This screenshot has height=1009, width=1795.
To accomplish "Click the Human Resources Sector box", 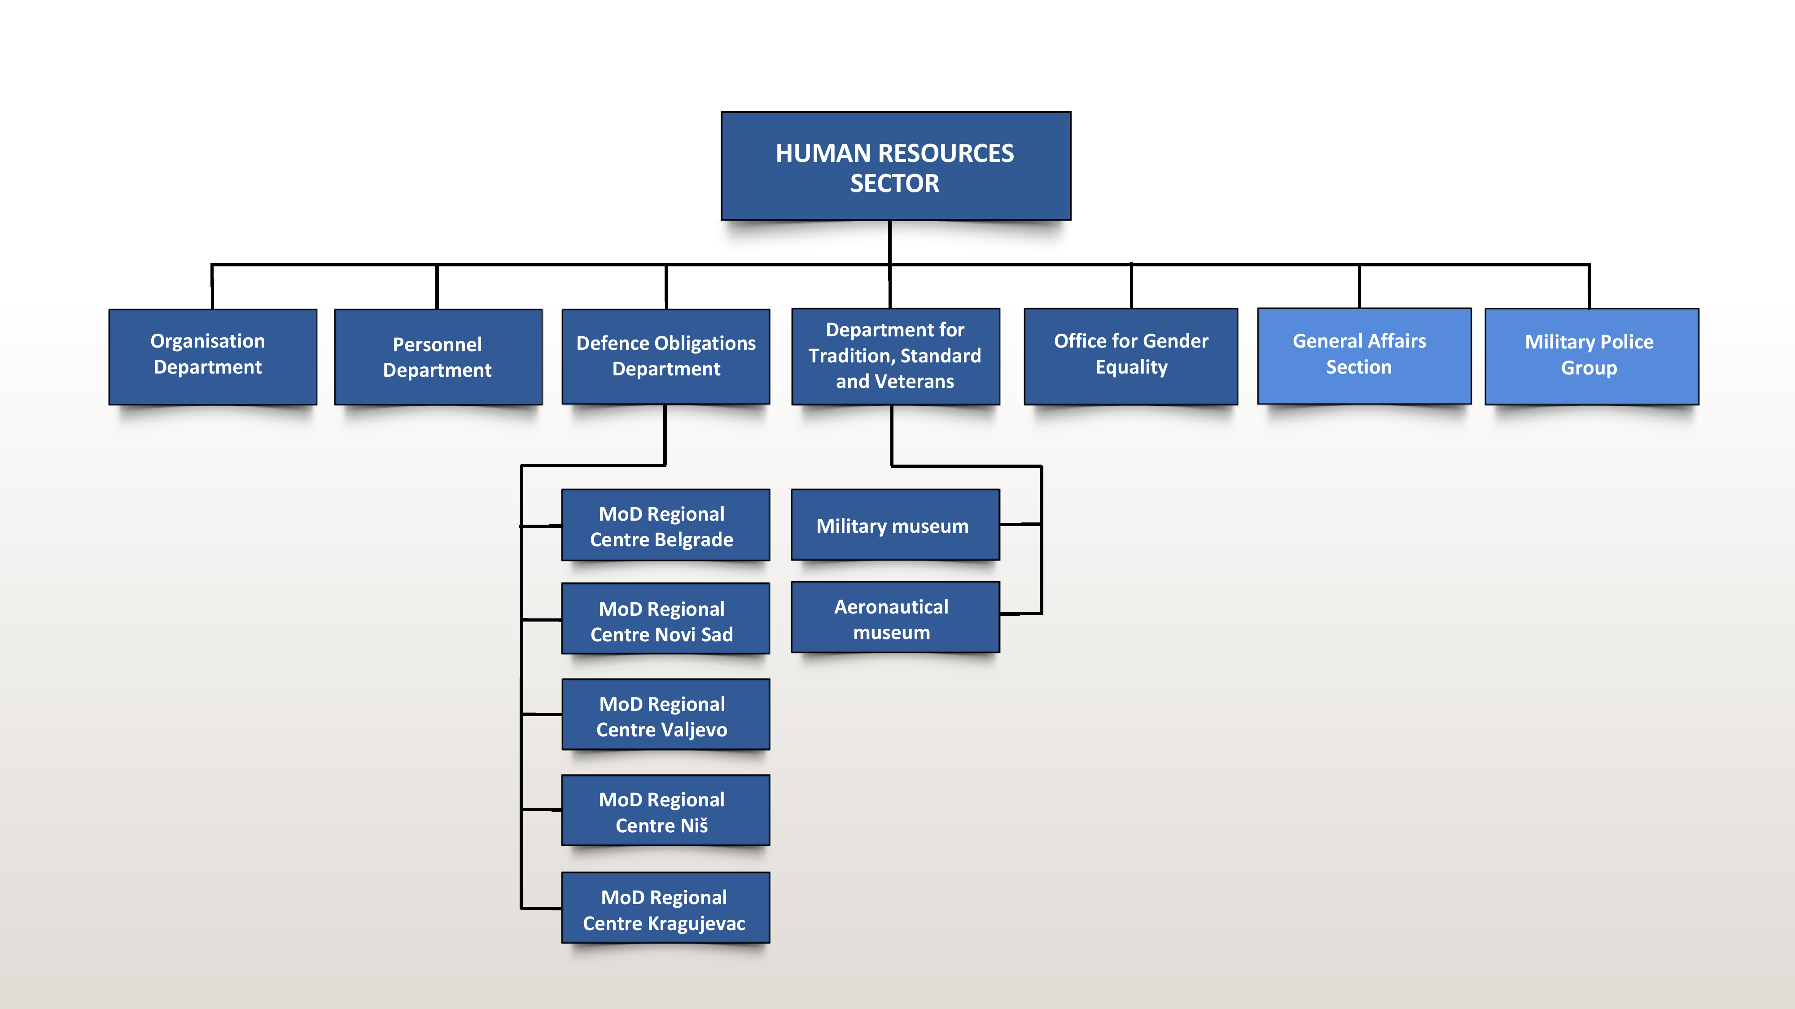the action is pos(895,166).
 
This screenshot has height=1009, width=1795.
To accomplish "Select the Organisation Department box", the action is pos(213,357).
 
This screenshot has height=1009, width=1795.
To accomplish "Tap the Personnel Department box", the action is pos(438,357).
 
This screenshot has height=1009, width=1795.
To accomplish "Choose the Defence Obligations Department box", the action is pos(665,357).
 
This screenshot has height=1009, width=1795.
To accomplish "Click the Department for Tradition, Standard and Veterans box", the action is pos(895,356).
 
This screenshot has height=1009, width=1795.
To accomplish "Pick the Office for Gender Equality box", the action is pos(1130,356).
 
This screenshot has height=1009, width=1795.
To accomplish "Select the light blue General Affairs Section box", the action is pos(1364,356).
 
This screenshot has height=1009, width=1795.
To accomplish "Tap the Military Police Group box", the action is pos(1592,356).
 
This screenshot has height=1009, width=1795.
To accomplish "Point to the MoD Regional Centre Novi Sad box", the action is pos(665,618).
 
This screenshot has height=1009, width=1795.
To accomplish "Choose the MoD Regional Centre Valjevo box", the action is pos(665,714).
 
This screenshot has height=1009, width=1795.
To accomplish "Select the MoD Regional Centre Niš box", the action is pos(665,810).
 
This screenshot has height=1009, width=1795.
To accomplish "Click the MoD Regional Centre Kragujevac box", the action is pos(665,907).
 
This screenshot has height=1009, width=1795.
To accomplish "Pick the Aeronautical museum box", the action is pos(895,617).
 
